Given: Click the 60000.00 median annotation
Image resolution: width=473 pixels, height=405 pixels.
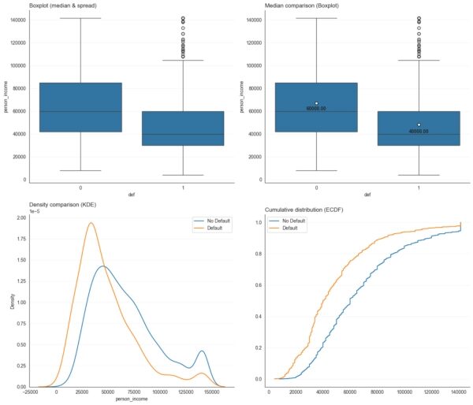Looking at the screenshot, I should click(x=316, y=109).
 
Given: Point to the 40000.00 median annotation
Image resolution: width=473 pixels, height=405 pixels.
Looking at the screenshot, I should click(x=418, y=132).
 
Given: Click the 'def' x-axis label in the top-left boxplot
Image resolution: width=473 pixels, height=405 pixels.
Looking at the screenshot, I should click(x=130, y=194).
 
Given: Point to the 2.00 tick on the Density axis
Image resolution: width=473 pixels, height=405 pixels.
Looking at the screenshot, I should click(x=22, y=217).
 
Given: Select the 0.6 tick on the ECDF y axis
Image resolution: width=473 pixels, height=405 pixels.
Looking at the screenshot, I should click(x=256, y=285).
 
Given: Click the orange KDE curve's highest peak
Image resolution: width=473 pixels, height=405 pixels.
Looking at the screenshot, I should click(x=91, y=223).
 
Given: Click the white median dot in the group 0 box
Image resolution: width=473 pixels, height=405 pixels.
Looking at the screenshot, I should click(x=316, y=103).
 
